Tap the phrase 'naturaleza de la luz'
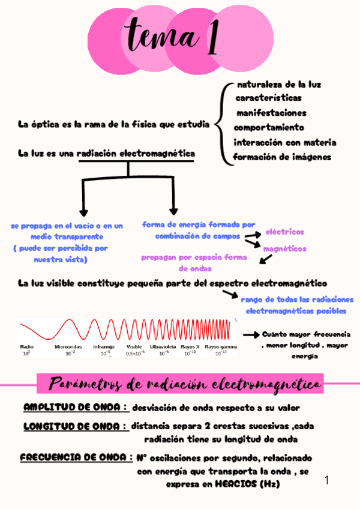click(279, 85)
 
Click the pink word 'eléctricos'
click(284, 232)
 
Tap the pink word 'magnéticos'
click(284, 248)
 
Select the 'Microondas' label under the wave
click(68, 347)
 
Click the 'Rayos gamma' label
click(221, 347)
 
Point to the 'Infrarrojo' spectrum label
click(103, 347)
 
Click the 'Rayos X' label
click(190, 347)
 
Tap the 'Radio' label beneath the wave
click(26, 347)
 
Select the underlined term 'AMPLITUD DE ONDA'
click(76, 408)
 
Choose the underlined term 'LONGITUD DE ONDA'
click(76, 427)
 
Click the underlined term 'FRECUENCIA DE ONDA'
click(76, 457)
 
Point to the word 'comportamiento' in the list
click(269, 128)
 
